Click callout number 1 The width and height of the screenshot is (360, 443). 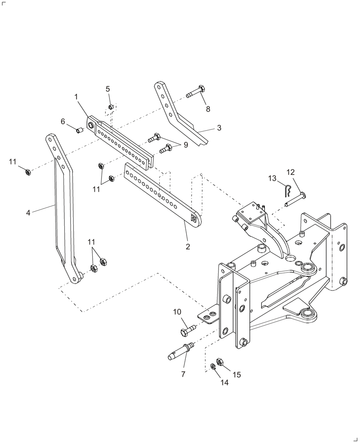[76, 96]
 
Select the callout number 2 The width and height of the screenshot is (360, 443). [188, 247]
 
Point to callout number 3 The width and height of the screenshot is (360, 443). [219, 128]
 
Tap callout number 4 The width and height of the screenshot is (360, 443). [28, 213]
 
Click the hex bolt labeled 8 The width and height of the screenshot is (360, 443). [196, 93]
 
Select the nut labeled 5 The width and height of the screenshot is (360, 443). [111, 108]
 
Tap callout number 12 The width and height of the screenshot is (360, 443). [290, 172]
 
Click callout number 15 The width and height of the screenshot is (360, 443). [236, 375]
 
